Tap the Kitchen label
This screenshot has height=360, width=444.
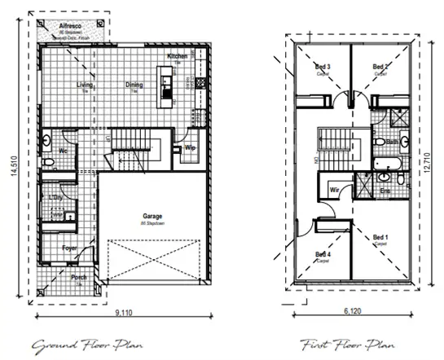pos(178,56)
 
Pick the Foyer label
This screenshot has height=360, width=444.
pos(71,247)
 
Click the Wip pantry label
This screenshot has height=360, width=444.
pos(190,148)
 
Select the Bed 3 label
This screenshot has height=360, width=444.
pos(323,66)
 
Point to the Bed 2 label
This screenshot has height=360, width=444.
pos(380,66)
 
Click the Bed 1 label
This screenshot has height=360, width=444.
pos(380,237)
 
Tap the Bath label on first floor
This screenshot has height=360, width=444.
pos(392,141)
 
